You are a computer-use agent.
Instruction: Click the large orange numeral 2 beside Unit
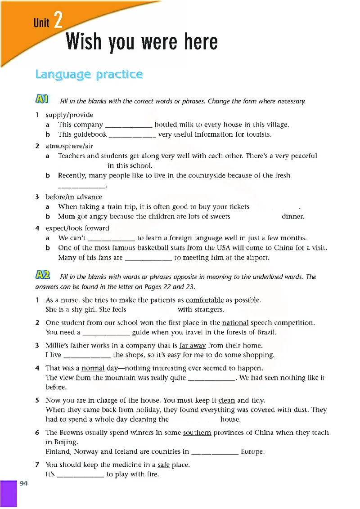(x=58, y=21)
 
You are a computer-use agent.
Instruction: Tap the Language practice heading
(x=89, y=74)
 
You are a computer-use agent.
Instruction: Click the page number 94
(x=24, y=483)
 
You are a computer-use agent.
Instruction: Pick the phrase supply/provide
(x=69, y=115)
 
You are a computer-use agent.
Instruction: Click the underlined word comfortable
(x=205, y=300)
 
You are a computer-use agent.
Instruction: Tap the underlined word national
(x=235, y=322)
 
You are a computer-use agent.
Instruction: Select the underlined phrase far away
(x=193, y=345)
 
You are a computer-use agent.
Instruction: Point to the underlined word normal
(x=93, y=368)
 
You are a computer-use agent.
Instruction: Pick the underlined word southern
(x=197, y=432)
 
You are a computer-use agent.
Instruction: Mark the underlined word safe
(x=164, y=464)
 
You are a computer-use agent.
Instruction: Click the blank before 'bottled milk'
(x=128, y=125)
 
